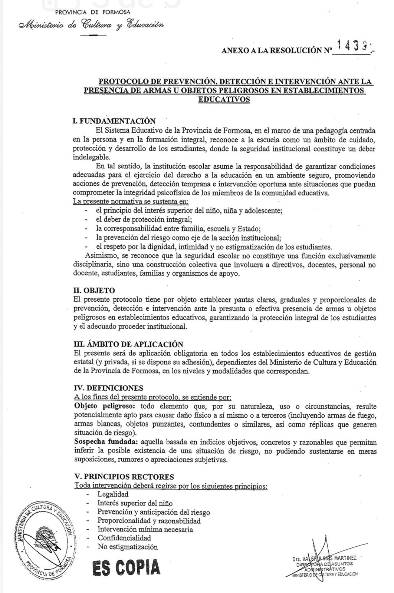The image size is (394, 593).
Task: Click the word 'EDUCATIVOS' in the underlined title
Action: (x=224, y=99)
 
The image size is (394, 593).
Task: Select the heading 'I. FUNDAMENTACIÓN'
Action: (x=114, y=121)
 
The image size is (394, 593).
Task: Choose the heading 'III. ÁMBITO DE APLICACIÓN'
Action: (x=128, y=344)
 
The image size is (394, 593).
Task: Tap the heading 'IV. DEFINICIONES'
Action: (x=108, y=388)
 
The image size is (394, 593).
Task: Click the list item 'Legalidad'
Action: (x=113, y=494)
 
